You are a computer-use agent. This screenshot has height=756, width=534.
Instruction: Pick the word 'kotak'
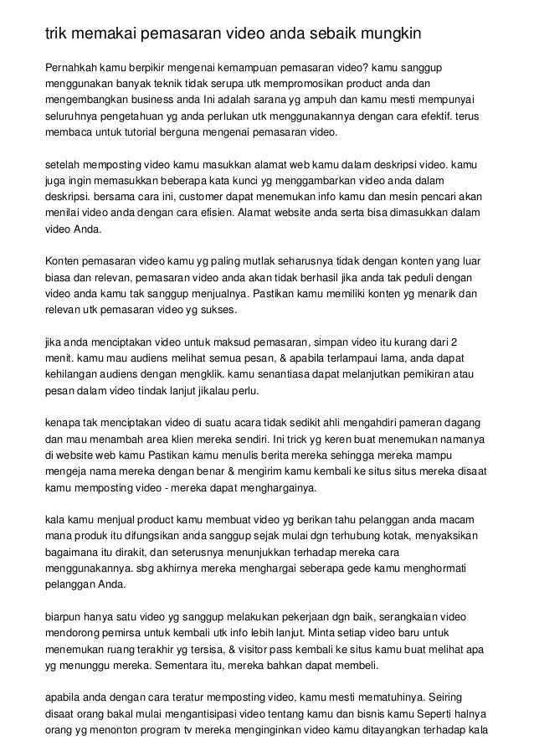[412, 535]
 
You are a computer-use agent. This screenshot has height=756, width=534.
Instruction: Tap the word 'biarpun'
[66, 613]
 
